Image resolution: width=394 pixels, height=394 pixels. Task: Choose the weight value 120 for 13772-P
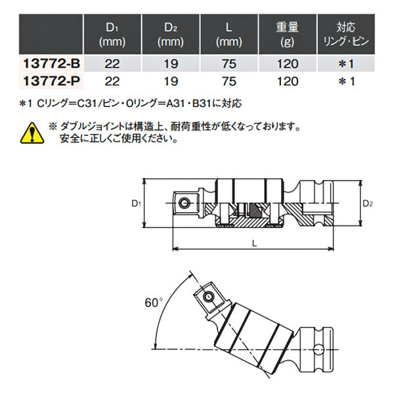[x=288, y=81]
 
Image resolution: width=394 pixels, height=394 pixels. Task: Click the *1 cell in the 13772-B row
[x=345, y=66]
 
